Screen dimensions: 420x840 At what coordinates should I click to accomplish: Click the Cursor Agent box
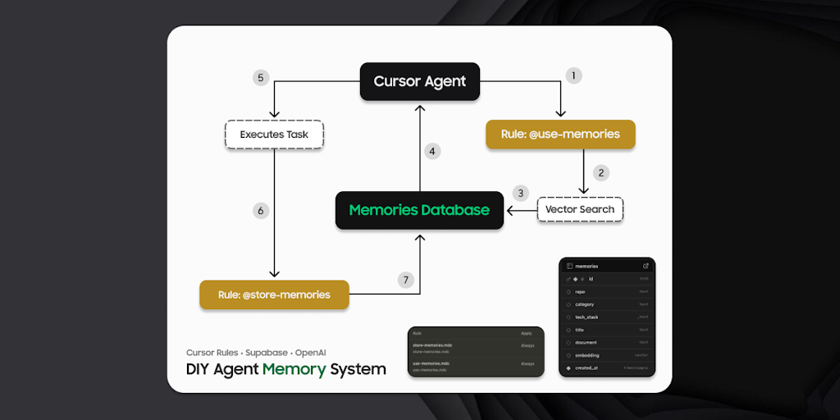click(419, 81)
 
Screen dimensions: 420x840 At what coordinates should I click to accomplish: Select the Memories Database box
click(419, 210)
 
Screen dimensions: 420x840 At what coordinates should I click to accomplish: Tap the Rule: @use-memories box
click(560, 134)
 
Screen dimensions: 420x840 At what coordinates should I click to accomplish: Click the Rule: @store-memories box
click(274, 294)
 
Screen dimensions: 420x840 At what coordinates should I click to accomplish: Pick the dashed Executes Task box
click(274, 135)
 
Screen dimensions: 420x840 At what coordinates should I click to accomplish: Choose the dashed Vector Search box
click(580, 209)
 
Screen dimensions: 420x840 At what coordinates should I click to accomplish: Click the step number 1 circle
click(574, 75)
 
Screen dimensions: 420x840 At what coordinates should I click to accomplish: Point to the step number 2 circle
click(601, 172)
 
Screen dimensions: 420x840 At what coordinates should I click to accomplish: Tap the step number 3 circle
click(519, 194)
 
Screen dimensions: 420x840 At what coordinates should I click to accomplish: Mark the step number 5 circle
click(261, 78)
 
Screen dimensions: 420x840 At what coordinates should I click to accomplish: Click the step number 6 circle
click(261, 211)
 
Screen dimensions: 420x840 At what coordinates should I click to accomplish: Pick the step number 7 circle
click(405, 280)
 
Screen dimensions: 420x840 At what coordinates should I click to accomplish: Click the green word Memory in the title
click(294, 369)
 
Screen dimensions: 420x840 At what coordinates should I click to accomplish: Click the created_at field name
click(587, 368)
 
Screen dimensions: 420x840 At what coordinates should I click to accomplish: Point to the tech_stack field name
click(587, 317)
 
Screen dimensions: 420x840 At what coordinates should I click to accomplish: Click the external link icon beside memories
click(646, 266)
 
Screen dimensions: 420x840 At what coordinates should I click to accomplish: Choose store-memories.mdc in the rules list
click(432, 345)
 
